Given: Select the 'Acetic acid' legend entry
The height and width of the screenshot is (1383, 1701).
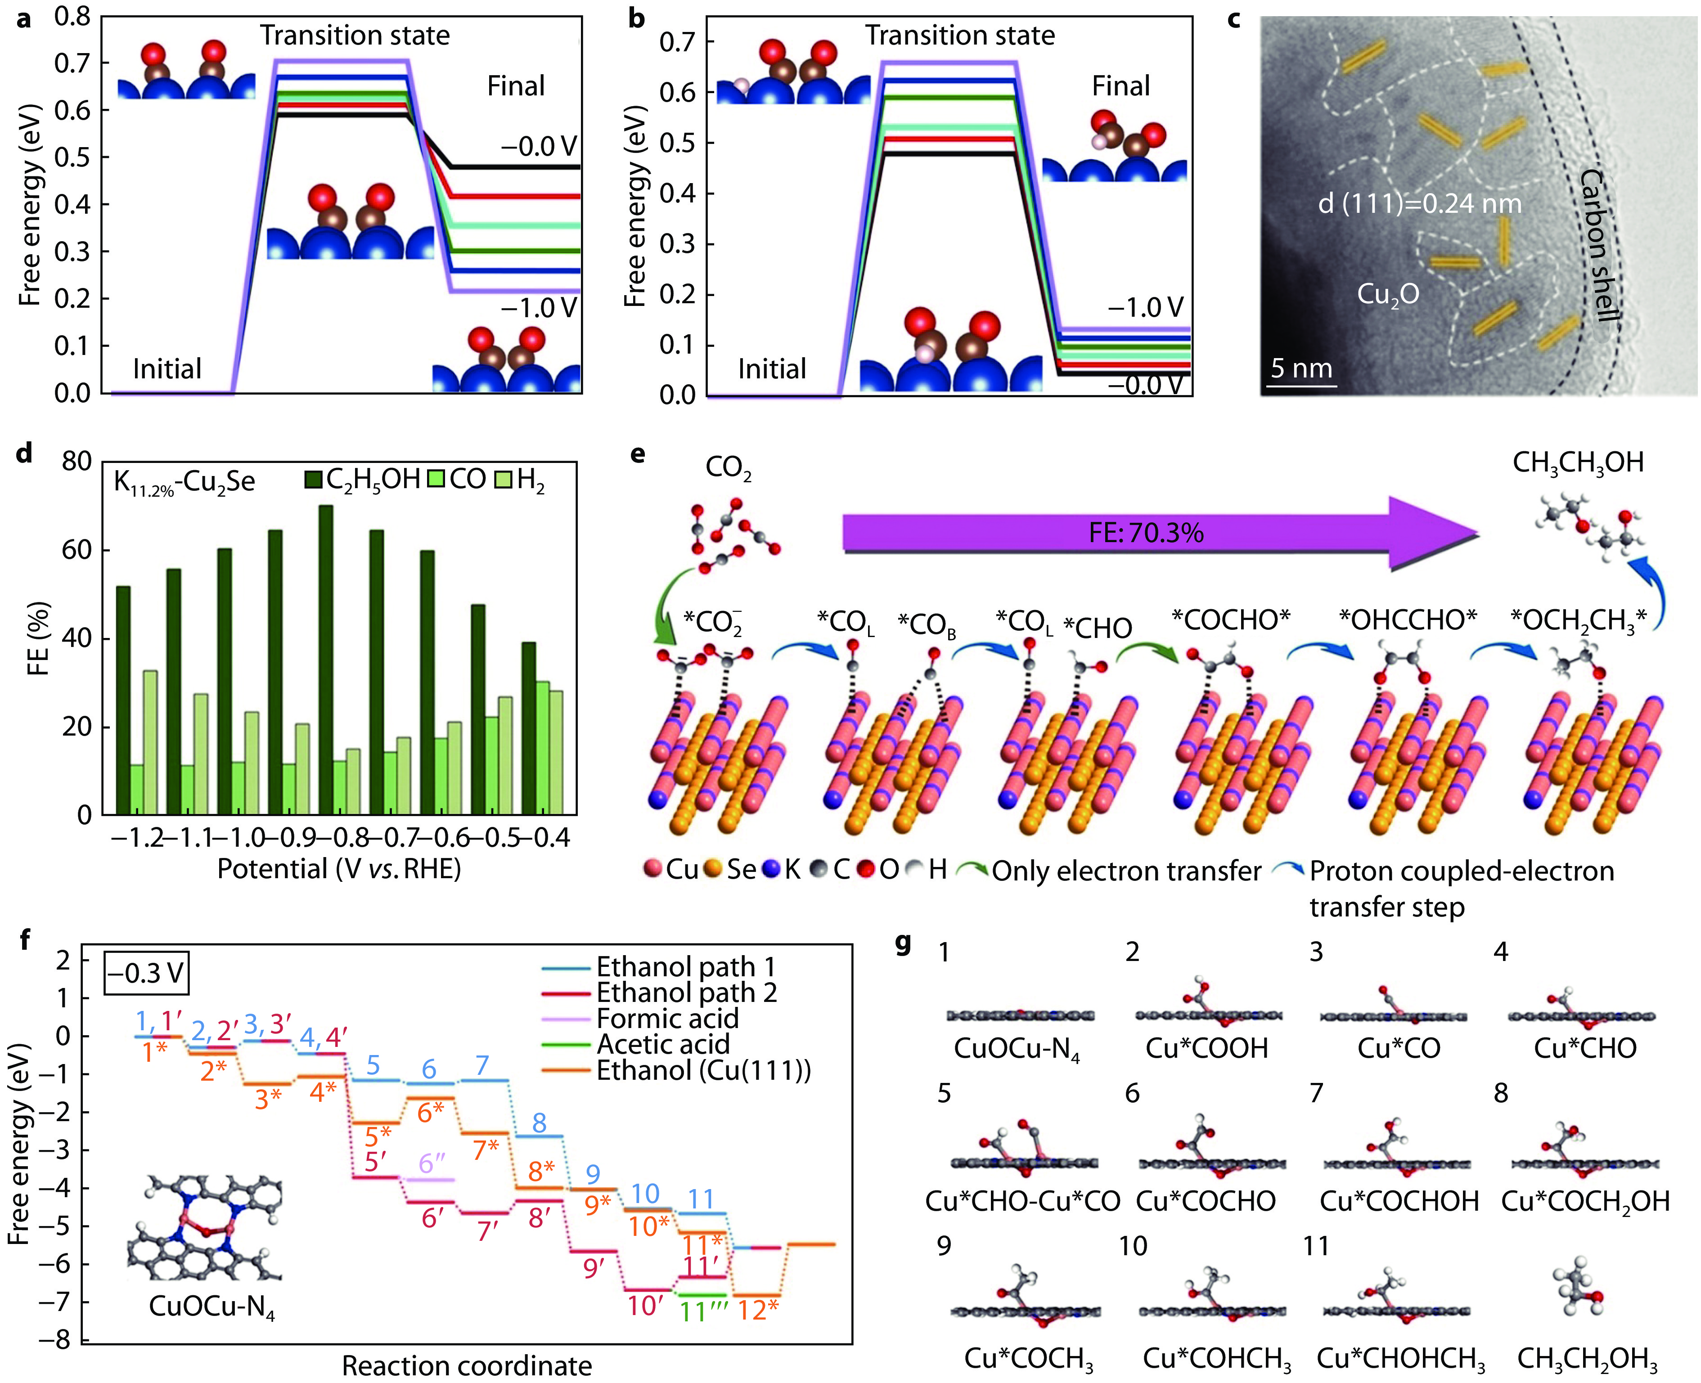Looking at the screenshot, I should point(663,1044).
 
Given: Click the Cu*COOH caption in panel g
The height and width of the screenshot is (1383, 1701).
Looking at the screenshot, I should point(1206,1048).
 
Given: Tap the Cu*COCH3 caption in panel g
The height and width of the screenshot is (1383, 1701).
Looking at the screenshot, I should point(1028,1358).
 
